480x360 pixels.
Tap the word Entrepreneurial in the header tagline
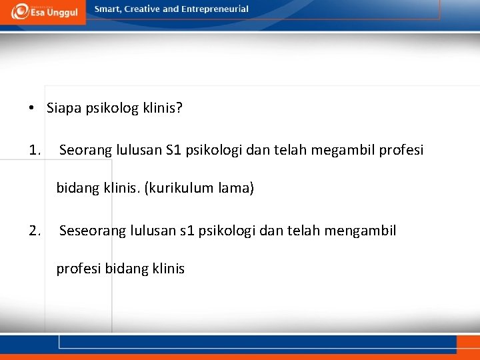tap(214, 9)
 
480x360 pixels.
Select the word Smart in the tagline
tap(108, 9)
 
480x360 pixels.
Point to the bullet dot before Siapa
tap(31, 109)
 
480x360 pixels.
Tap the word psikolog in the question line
tap(112, 108)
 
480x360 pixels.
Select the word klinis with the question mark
tap(163, 108)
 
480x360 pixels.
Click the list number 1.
tap(35, 150)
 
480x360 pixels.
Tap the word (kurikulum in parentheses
tap(175, 189)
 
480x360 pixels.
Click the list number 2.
tap(35, 231)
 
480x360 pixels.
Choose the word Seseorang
tap(90, 231)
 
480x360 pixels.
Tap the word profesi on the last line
tap(79, 269)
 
